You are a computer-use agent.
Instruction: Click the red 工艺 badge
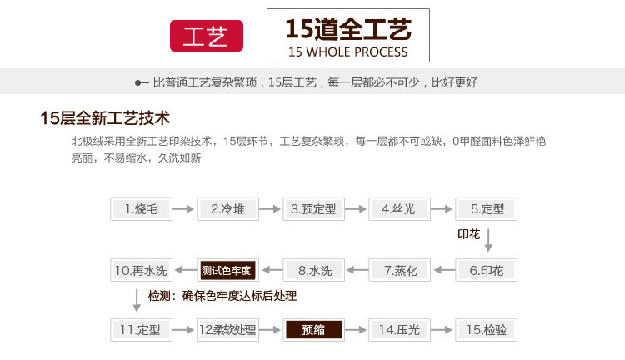coord(206,37)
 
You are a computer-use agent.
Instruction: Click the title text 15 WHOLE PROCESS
coord(347,52)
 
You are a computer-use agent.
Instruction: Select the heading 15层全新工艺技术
coord(105,117)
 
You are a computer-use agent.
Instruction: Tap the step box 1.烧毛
coord(141,209)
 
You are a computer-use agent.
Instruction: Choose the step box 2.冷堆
coord(227,209)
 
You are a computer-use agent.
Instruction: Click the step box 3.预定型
coord(313,209)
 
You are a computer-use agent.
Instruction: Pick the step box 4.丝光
coord(399,209)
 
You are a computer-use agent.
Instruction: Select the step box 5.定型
coord(487,209)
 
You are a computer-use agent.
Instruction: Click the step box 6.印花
coord(487,270)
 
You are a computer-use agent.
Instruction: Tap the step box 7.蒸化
coord(399,270)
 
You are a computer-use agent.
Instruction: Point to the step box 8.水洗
coord(313,270)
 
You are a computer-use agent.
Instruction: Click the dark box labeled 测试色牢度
coord(227,270)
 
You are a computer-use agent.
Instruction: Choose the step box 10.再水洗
coord(141,270)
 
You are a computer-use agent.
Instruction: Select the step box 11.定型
coord(141,329)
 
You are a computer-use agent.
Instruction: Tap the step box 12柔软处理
coord(227,329)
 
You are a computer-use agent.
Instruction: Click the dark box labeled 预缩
coord(313,329)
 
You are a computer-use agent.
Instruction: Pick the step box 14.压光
coord(399,329)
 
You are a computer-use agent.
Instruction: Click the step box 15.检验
coord(487,329)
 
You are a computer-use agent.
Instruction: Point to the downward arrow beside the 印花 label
coord(489,240)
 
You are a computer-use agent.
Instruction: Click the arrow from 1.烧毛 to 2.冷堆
coord(183,209)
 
